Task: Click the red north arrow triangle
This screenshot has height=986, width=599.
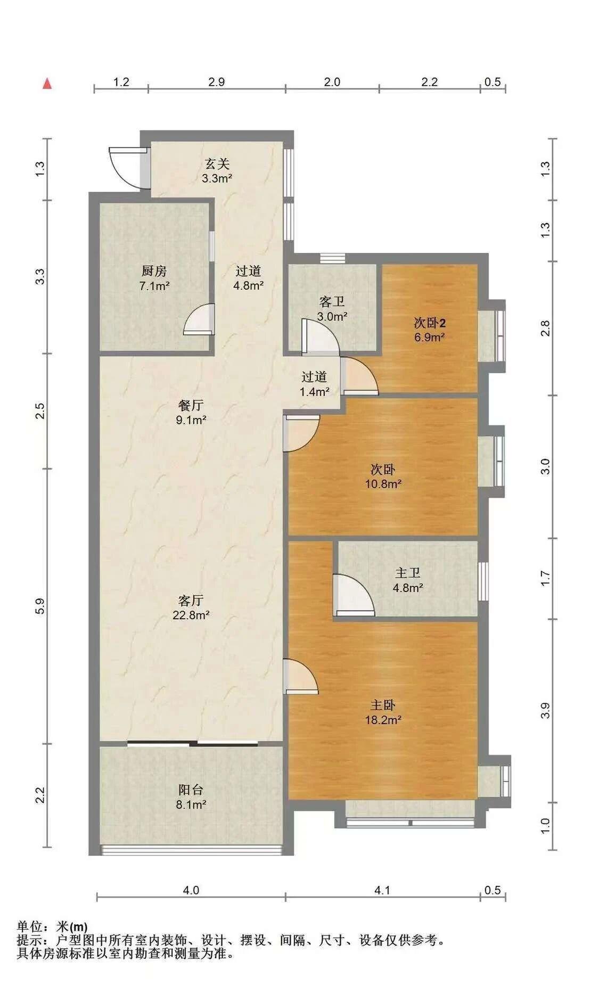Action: pos(47,84)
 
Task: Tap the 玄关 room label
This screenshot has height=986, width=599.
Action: pos(217,163)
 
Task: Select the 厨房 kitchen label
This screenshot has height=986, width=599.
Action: pos(154,271)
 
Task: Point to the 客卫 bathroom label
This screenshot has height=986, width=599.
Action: pos(332,302)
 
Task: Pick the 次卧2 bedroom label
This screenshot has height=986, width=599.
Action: pos(429,322)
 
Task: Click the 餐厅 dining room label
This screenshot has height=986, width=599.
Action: pos(191,405)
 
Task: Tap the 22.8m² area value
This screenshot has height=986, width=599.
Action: pos(191,615)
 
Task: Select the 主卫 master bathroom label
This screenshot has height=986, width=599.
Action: pos(407,573)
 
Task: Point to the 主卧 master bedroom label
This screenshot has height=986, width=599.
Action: pos(383,705)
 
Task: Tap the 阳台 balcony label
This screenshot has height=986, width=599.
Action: pos(191,790)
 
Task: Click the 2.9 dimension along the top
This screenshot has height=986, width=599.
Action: pos(216,81)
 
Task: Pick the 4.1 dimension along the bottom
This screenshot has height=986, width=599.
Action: pos(382,890)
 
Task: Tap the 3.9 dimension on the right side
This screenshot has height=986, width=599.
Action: pos(544,711)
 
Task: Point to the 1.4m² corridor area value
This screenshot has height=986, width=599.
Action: pos(314,391)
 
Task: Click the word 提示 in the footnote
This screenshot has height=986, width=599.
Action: pos(29,941)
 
